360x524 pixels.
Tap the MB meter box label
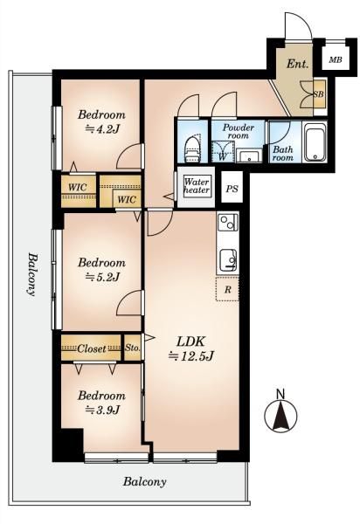tap(336, 59)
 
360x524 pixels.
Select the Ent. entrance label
tap(297, 64)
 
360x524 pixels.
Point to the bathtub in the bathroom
tap(315, 142)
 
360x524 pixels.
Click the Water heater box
tap(197, 187)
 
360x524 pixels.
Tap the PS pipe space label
tap(232, 189)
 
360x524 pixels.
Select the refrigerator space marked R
tap(227, 289)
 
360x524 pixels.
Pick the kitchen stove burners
tap(228, 222)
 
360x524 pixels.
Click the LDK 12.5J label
tap(190, 348)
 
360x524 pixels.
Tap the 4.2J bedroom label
tap(101, 121)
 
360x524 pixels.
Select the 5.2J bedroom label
tap(101, 269)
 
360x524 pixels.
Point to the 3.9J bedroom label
tap(101, 403)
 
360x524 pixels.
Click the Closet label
tap(91, 348)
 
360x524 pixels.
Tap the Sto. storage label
tap(132, 348)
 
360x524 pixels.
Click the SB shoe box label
tap(319, 94)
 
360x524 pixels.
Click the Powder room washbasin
tap(250, 156)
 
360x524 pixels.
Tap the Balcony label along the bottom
tap(144, 482)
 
